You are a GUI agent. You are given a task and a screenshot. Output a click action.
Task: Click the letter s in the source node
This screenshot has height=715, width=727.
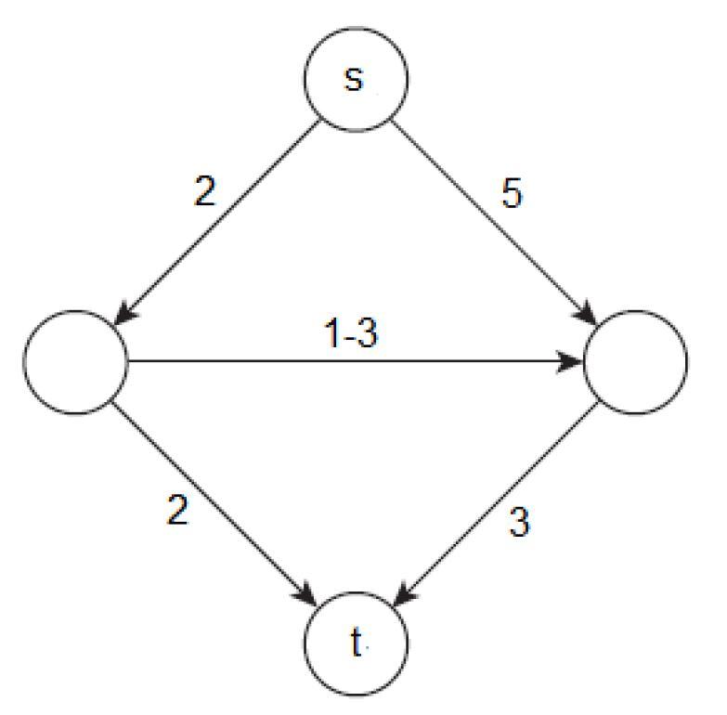pos(353,80)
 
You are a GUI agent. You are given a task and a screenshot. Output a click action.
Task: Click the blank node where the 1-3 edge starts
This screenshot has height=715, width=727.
pos(75,361)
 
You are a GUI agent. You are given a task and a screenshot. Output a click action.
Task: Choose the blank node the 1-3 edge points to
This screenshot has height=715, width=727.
pos(636,361)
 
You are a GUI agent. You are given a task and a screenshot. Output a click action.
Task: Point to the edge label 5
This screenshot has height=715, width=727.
pos(513,194)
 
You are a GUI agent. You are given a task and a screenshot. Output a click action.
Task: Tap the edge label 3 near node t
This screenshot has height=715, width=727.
pos(520,523)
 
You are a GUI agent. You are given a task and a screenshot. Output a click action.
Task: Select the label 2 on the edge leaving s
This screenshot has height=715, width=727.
pos(206,193)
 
